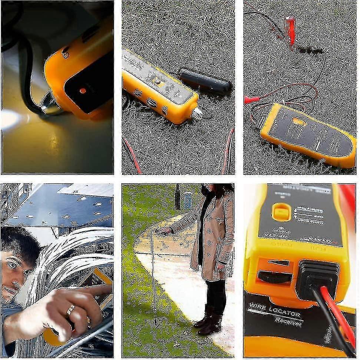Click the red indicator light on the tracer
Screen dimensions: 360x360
[x=82, y=90]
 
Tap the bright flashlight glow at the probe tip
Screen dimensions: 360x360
[x=9, y=120]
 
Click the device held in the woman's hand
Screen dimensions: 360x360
[x=165, y=231]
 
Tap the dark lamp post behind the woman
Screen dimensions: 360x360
[x=178, y=196]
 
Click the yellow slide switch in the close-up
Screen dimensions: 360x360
[x=281, y=212]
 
